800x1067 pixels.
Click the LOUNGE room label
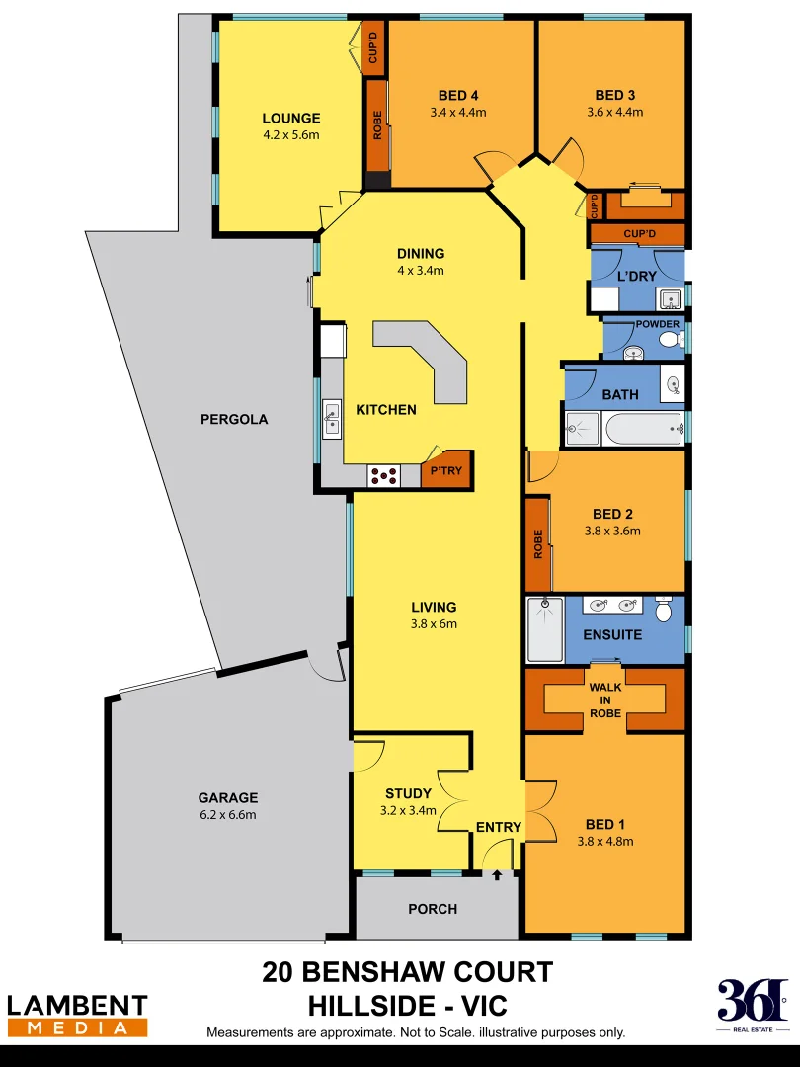(290, 119)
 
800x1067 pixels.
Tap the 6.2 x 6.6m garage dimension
(227, 815)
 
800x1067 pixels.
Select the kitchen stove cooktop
(384, 476)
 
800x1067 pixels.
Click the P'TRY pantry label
(447, 471)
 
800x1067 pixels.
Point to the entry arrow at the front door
(497, 874)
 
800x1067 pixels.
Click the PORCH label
(433, 909)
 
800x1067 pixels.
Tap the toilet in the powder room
(670, 341)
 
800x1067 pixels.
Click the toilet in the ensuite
(663, 611)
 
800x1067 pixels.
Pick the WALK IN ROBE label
(604, 699)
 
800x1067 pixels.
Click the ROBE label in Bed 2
(538, 544)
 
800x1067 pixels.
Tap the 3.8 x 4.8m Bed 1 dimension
(604, 842)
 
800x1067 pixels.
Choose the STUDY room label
(408, 793)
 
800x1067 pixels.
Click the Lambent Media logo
(77, 1016)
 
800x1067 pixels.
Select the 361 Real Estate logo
(753, 1006)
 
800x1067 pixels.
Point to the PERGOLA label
(234, 419)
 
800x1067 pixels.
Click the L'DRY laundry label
(636, 276)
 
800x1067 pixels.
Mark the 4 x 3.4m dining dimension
(422, 270)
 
